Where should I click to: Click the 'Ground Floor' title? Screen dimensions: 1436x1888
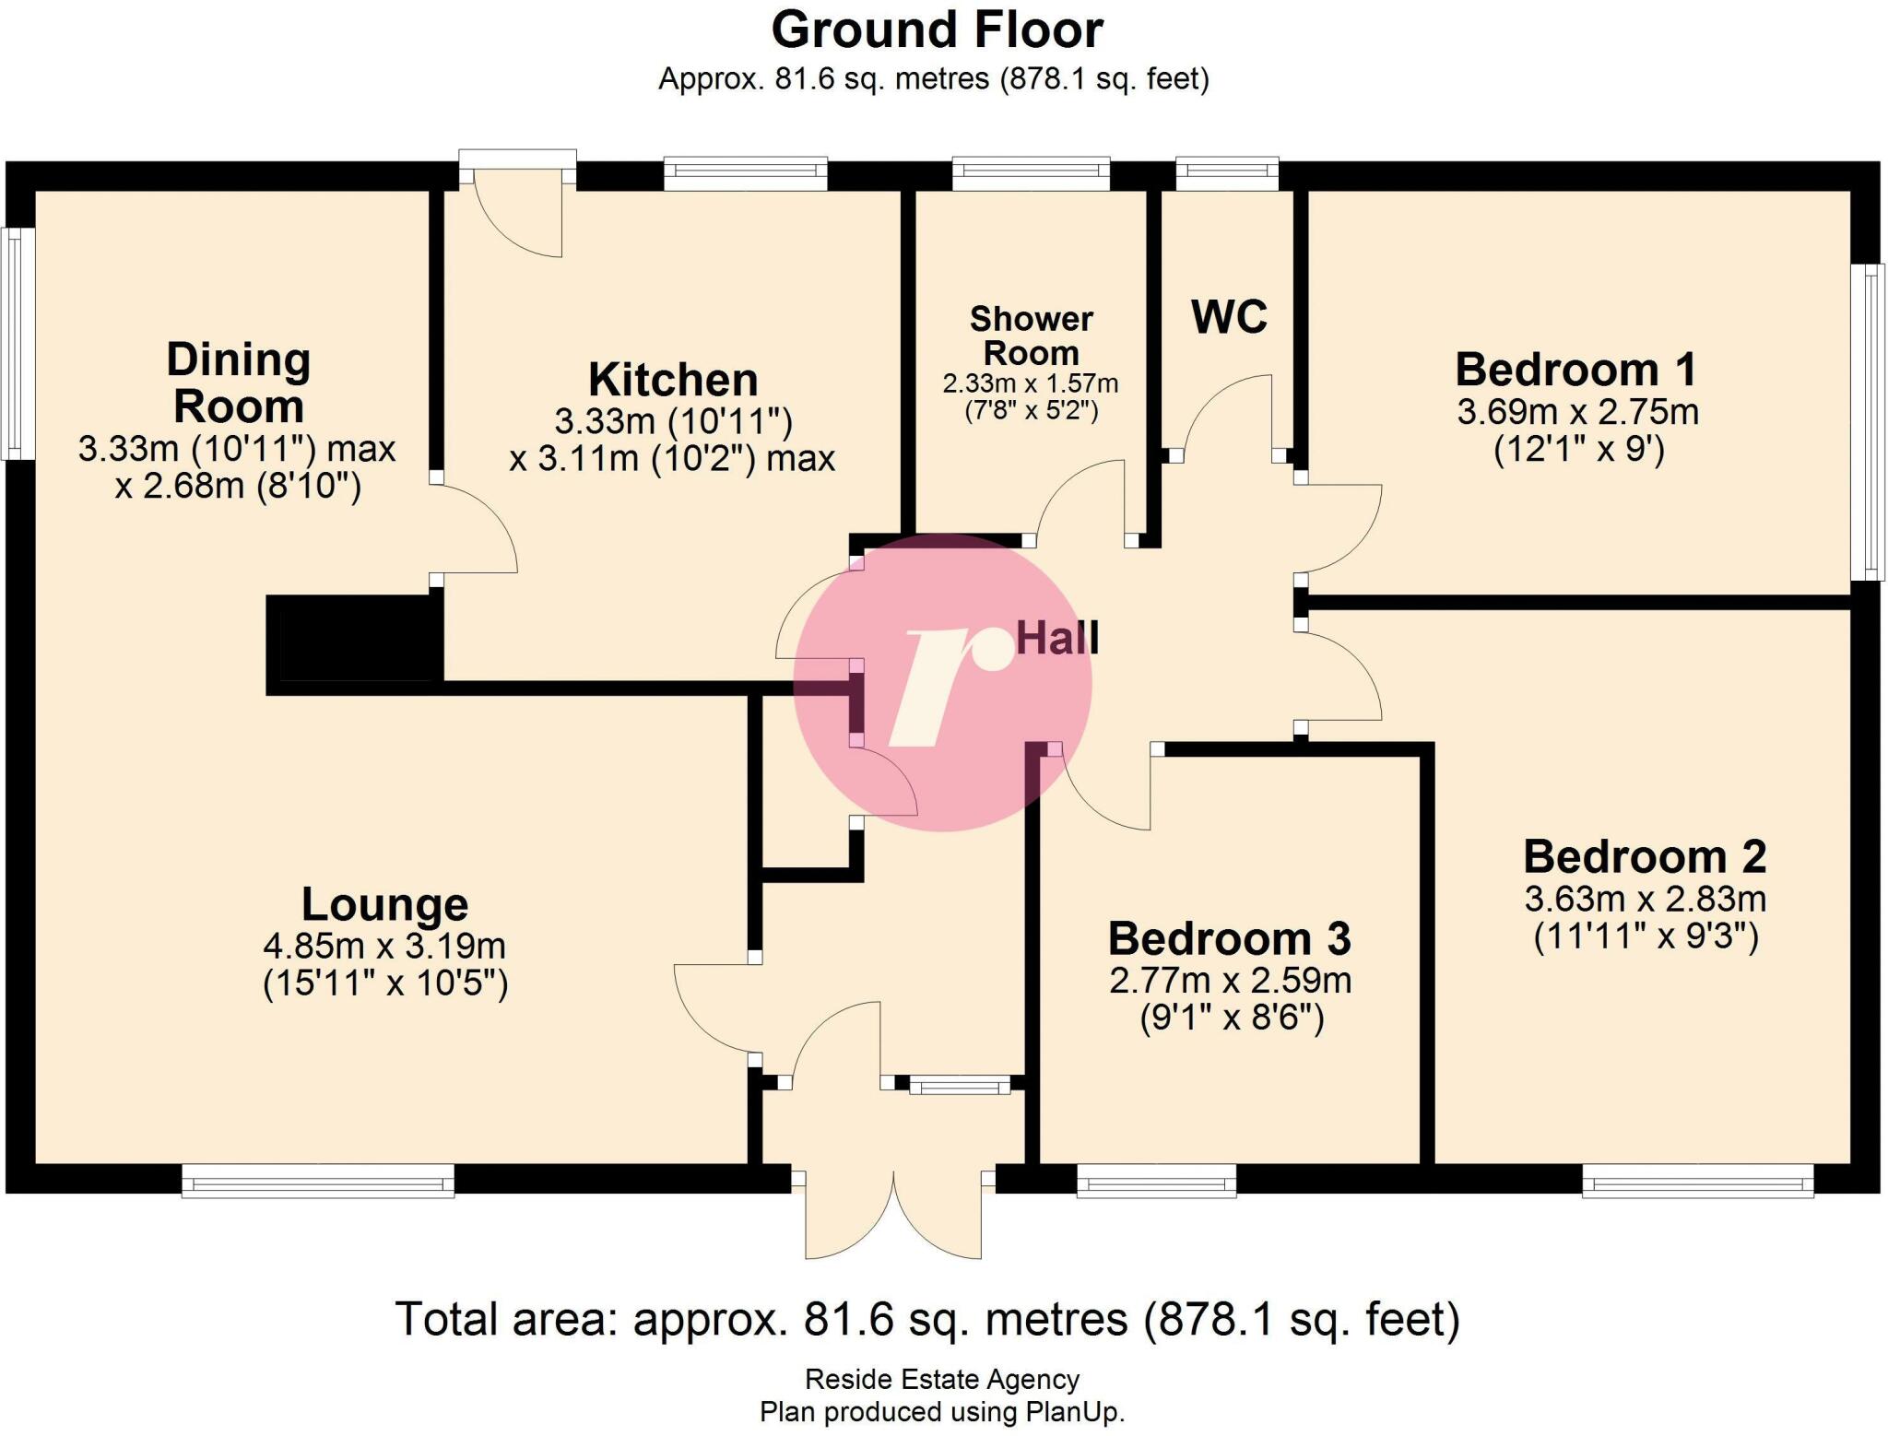(x=937, y=30)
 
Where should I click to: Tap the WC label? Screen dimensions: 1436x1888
(x=1229, y=317)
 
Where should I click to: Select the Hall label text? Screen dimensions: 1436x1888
(x=1057, y=638)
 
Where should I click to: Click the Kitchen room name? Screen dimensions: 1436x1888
(x=673, y=380)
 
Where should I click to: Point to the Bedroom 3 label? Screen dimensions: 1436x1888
(x=1229, y=938)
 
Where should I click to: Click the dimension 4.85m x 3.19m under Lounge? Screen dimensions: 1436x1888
(x=384, y=946)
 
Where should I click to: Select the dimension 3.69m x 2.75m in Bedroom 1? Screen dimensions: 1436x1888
(x=1577, y=411)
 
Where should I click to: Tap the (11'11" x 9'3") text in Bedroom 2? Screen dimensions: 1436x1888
(x=1646, y=936)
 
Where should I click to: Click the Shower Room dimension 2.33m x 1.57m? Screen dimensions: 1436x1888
(x=1030, y=383)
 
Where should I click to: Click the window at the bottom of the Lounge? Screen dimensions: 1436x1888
(x=318, y=1180)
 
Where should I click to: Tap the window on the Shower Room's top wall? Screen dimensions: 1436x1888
(x=1031, y=172)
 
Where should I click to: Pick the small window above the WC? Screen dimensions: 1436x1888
(x=1227, y=172)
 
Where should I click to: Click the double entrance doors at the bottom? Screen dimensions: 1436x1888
(x=892, y=1215)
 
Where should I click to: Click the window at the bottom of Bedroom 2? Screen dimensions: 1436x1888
(x=1697, y=1180)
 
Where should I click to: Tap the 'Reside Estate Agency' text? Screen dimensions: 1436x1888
(x=941, y=1379)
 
